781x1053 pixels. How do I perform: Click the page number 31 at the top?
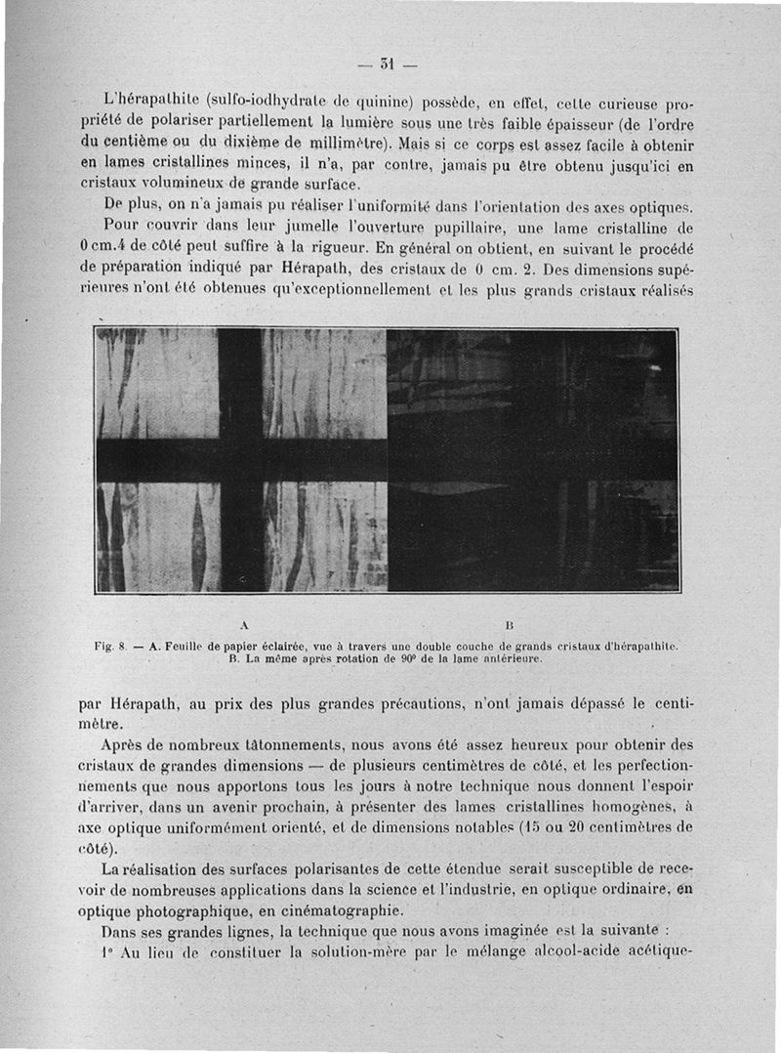(388, 64)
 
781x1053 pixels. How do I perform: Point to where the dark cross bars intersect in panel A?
(240, 460)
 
